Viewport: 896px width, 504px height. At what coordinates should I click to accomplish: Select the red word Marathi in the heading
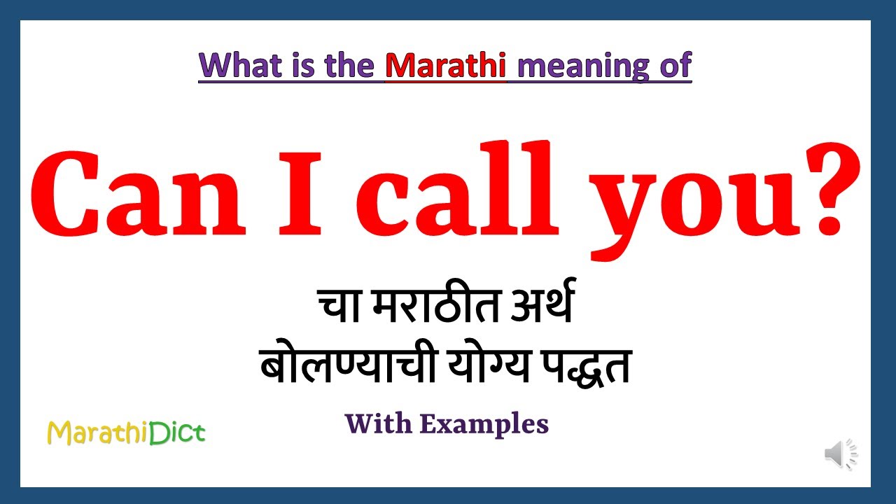(446, 65)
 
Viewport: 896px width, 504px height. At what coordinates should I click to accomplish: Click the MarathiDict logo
(126, 433)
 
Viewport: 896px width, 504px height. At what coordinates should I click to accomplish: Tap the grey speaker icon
(840, 455)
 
